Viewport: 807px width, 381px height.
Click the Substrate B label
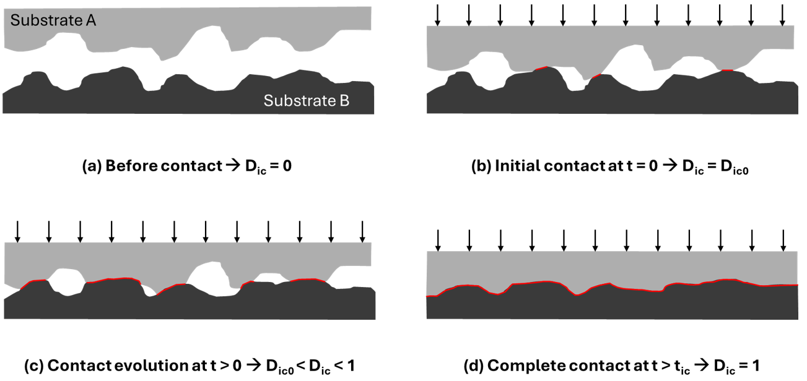[307, 100]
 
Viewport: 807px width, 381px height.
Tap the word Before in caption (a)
[127, 166]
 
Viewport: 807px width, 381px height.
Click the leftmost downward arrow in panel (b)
[437, 15]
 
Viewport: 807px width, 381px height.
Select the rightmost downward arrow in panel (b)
[783, 15]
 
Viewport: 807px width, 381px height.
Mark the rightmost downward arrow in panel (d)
[783, 239]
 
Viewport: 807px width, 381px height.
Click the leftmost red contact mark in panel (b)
[541, 68]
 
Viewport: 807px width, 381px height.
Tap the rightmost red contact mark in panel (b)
[727, 71]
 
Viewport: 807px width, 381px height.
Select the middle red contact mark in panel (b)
[596, 76]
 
